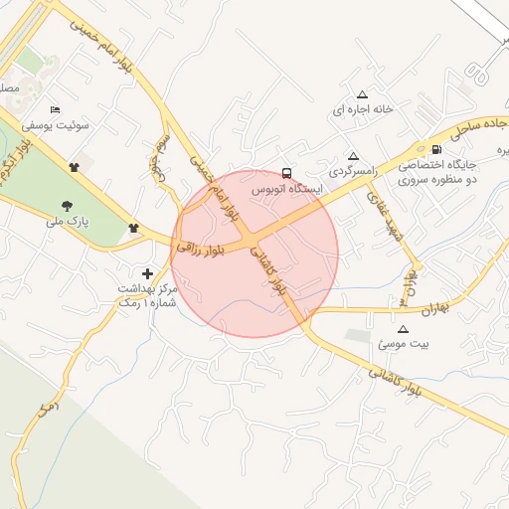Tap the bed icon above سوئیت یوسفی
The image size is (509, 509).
pyautogui.click(x=55, y=109)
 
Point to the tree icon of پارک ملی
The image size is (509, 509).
pyautogui.click(x=67, y=206)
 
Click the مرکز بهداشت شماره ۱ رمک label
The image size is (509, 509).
pyautogui.click(x=147, y=295)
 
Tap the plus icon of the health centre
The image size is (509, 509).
pyautogui.click(x=148, y=272)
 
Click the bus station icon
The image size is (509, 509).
pyautogui.click(x=287, y=171)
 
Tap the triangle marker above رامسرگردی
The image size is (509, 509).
pyautogui.click(x=353, y=156)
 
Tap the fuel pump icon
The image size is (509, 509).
pyautogui.click(x=436, y=147)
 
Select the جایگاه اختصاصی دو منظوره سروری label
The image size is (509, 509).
pyautogui.click(x=438, y=172)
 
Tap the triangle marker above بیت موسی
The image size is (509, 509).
pyautogui.click(x=403, y=328)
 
